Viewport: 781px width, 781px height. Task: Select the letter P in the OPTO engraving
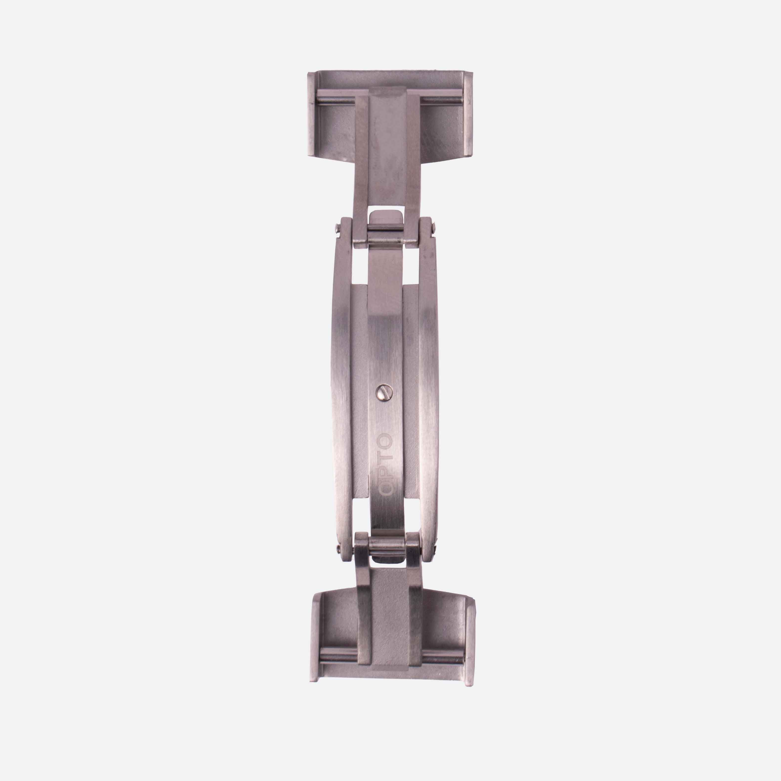click(x=385, y=473)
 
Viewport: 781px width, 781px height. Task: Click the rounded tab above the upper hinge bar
click(x=386, y=219)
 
